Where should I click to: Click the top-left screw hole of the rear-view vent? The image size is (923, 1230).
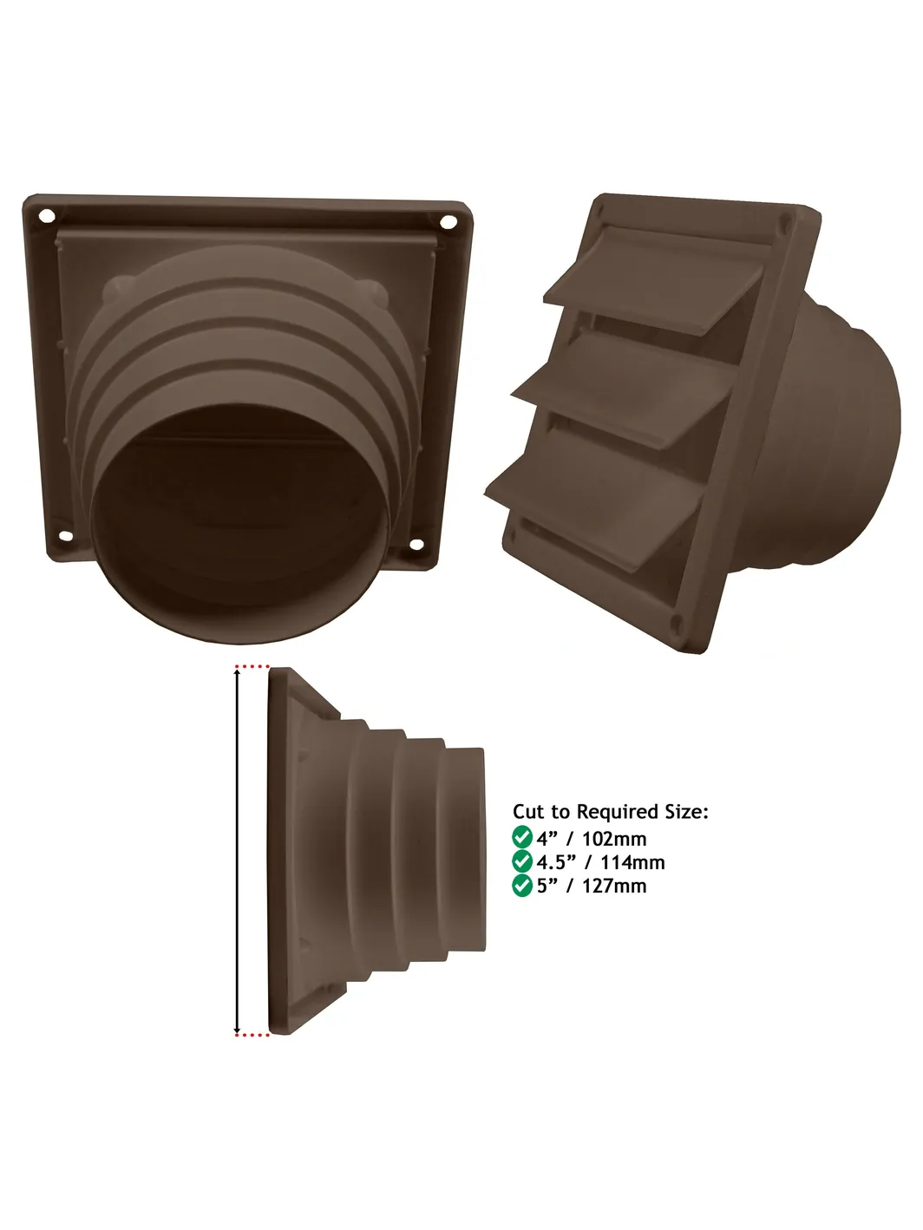(x=47, y=215)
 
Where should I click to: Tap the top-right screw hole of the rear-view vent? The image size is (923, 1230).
(x=448, y=222)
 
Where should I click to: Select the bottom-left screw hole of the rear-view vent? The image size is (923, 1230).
(x=66, y=536)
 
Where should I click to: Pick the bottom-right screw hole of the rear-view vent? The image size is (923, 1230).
(x=416, y=543)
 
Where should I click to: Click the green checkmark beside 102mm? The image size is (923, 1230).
(x=521, y=837)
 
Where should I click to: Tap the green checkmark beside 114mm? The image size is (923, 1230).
(x=521, y=860)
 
